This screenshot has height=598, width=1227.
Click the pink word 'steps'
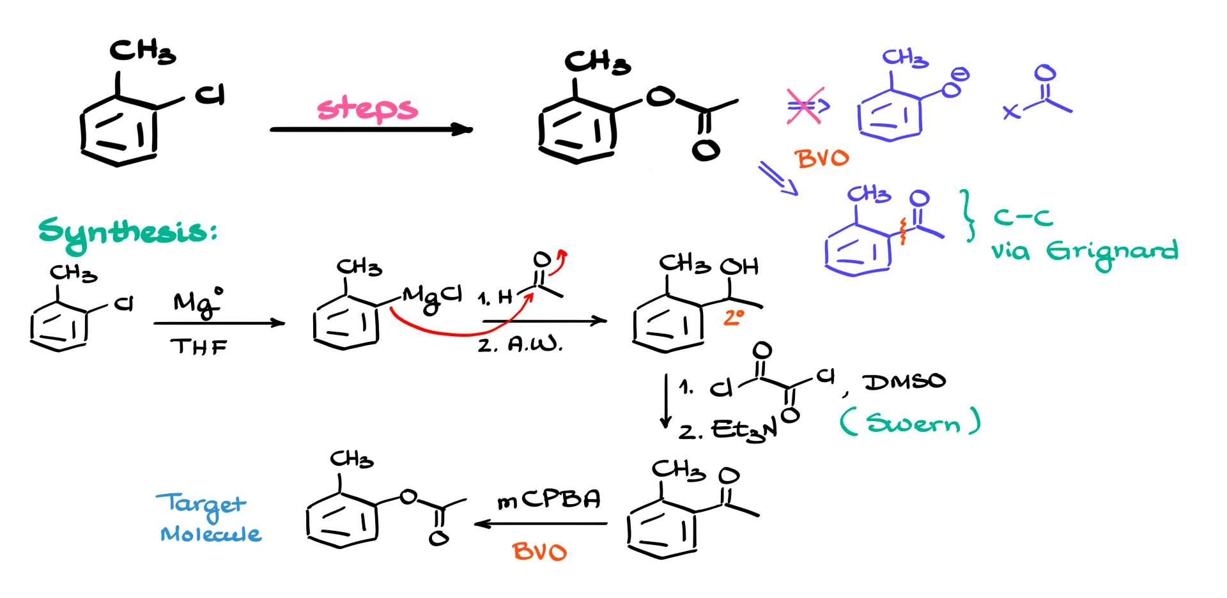point(367,109)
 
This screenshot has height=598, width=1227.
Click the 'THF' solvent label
point(199,347)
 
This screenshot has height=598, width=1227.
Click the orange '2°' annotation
point(734,318)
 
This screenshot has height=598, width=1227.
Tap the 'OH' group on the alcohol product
point(740,266)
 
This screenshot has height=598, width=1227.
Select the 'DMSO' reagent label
point(904,381)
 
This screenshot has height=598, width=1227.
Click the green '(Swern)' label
point(910,422)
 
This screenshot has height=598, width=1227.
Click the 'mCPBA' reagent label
point(549,500)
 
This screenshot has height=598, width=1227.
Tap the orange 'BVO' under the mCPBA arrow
point(539,551)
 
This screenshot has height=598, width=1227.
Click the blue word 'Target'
point(201,505)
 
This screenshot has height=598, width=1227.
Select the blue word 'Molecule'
point(211,533)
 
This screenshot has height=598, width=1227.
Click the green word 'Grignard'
point(1112,251)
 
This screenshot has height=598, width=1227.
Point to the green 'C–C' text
point(1022,218)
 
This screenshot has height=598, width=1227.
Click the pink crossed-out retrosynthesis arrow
point(806,106)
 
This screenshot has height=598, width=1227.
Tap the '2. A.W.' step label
point(520,345)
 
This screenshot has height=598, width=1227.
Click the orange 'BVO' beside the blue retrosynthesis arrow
point(822,158)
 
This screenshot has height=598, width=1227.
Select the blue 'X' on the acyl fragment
point(1011,112)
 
